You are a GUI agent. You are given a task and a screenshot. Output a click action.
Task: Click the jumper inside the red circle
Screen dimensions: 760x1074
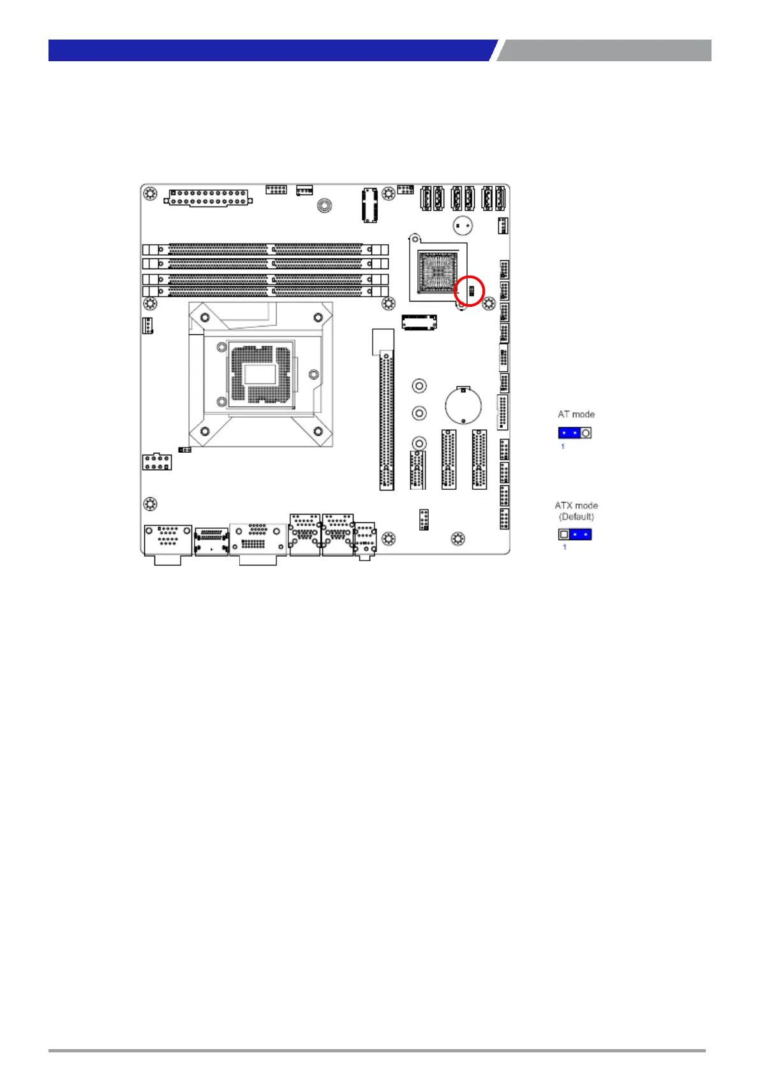tap(471, 292)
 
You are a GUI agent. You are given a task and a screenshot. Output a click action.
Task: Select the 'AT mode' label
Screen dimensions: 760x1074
tap(576, 415)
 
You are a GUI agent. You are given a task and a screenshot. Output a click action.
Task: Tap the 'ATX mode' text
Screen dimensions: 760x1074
tap(576, 506)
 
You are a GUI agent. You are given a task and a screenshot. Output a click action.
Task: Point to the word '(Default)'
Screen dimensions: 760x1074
tap(576, 517)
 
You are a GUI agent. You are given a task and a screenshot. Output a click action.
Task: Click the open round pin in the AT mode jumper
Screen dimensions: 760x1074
tap(586, 433)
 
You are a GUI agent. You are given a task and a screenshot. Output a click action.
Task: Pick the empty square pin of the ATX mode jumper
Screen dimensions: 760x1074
tap(564, 534)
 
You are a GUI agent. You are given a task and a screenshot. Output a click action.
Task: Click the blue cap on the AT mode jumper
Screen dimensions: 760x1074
tap(569, 433)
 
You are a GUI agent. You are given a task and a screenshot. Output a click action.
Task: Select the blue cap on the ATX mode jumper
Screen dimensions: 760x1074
tap(581, 534)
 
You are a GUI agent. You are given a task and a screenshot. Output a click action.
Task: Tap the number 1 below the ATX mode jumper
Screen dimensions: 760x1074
tap(564, 547)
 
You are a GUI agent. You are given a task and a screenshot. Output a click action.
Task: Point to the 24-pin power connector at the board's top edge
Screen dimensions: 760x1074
tap(208, 196)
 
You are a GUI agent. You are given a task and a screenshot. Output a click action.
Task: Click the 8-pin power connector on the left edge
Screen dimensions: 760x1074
tap(156, 462)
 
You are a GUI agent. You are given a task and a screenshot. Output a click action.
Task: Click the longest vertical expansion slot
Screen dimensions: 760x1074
tap(387, 420)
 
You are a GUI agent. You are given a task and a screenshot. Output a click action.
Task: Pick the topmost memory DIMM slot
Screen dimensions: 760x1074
tap(265, 249)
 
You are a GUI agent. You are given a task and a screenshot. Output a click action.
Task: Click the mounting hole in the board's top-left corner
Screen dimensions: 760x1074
tap(150, 194)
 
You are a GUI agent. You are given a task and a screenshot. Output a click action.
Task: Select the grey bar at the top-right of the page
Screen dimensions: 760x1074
tap(604, 50)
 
